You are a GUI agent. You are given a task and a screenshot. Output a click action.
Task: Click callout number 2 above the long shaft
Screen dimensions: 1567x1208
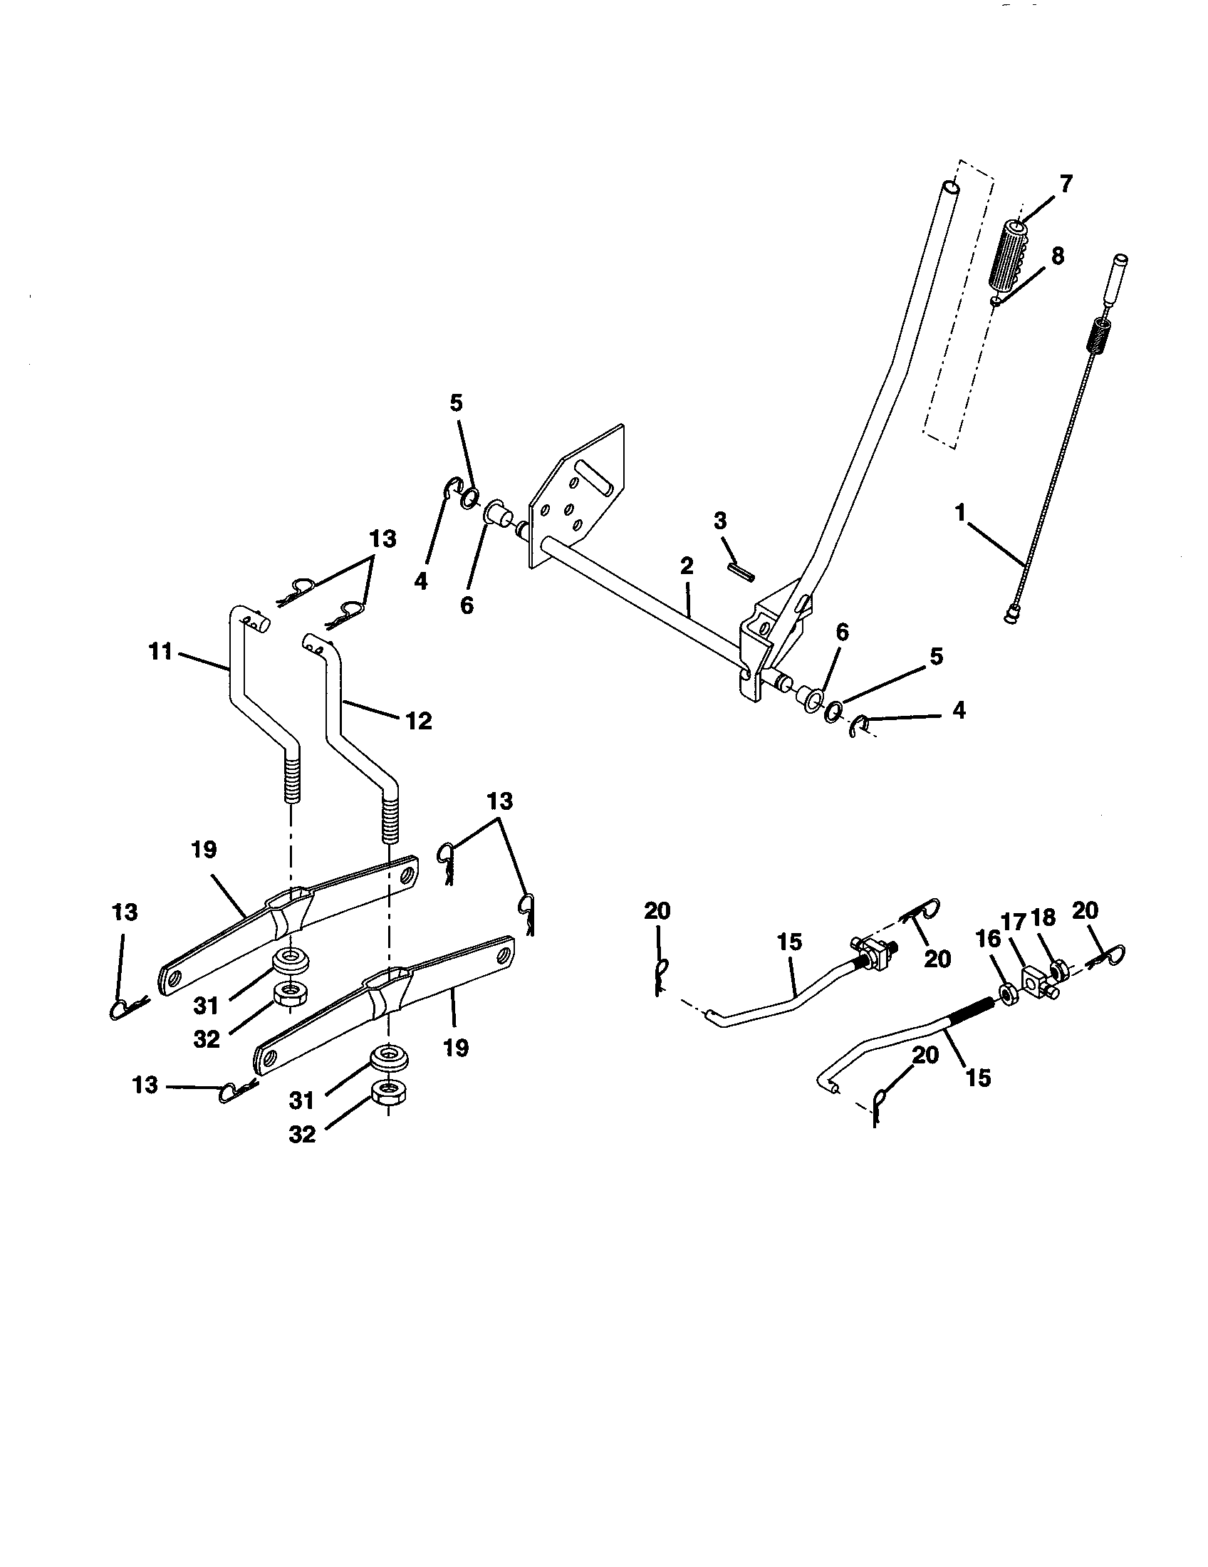(687, 566)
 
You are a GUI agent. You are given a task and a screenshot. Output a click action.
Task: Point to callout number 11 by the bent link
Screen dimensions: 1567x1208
(162, 652)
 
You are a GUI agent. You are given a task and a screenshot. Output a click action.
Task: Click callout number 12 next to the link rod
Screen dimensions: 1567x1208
(419, 720)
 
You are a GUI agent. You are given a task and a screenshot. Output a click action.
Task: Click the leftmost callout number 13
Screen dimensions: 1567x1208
(125, 912)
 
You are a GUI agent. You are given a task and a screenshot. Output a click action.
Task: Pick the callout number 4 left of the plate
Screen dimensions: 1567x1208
(421, 581)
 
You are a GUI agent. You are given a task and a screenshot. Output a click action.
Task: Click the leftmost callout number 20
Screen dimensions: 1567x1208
(657, 911)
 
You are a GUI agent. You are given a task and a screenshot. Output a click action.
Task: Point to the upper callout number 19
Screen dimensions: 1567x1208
(204, 850)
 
